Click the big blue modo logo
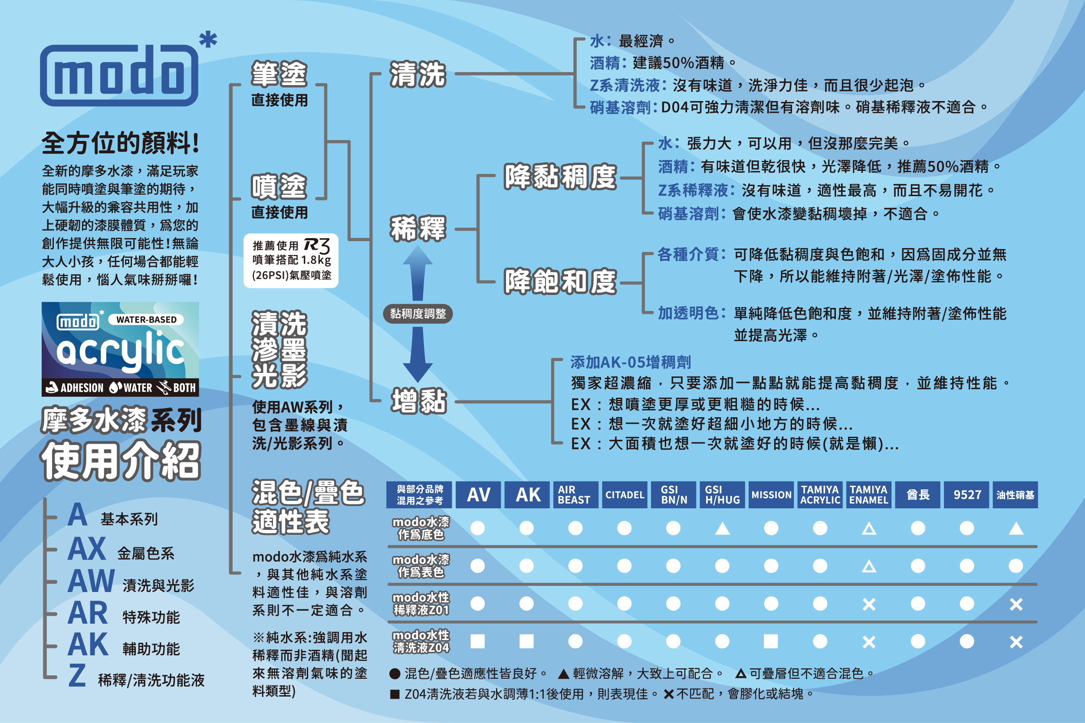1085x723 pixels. click(119, 75)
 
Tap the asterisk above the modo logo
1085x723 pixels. click(208, 39)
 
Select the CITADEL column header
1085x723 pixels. click(625, 495)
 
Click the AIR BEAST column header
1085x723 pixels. click(575, 495)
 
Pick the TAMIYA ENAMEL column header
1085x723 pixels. click(868, 495)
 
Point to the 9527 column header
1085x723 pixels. click(967, 495)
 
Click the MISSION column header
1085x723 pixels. click(771, 495)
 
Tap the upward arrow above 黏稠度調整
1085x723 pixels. click(418, 272)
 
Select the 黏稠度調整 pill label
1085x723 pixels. click(418, 314)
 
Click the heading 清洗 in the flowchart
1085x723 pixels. click(418, 74)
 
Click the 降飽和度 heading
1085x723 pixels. click(560, 282)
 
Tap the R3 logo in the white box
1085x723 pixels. click(317, 245)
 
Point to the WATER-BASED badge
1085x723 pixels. click(146, 320)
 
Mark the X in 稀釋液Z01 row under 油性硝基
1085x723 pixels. click(1016, 604)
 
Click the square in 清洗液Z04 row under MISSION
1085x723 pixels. click(771, 641)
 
